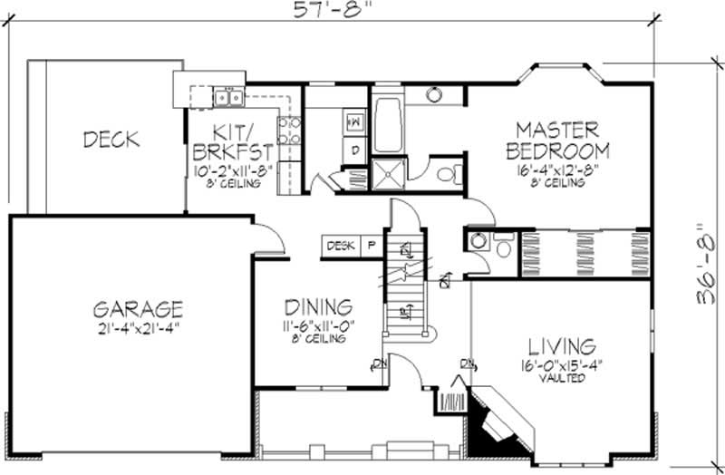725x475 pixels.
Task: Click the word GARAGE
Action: coord(139,308)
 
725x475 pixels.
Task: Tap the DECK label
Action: coord(111,140)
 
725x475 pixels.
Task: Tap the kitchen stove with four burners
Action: coord(289,131)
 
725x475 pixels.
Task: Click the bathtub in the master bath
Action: coord(388,125)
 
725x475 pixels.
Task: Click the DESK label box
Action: coord(340,246)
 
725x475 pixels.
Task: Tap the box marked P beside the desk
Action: coord(371,246)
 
